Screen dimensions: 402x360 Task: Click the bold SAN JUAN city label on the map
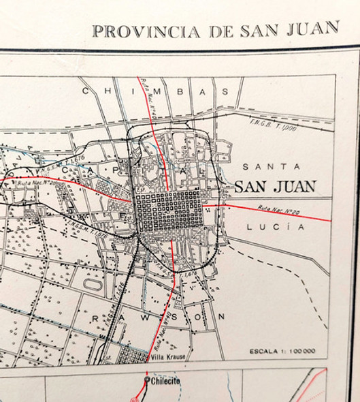[x=276, y=186]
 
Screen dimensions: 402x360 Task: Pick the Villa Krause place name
[x=168, y=356]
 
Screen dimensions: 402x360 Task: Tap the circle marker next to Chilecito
[x=146, y=380]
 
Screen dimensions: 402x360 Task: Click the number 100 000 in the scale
[x=304, y=352]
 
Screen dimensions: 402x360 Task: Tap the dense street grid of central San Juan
[x=168, y=211]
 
